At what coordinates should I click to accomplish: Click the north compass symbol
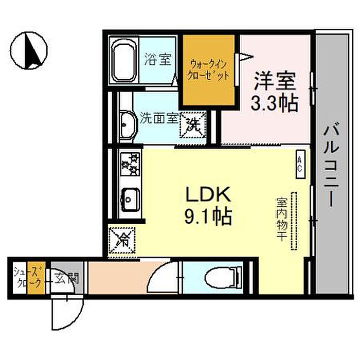click(x=29, y=51)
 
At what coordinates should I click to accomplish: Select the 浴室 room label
click(x=157, y=60)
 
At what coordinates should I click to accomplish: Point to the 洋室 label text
click(x=275, y=82)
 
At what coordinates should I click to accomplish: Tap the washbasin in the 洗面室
click(x=127, y=121)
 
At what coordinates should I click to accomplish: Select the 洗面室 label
click(x=158, y=119)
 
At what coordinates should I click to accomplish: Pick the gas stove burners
click(x=128, y=164)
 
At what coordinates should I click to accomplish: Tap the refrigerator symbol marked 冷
click(x=122, y=239)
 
